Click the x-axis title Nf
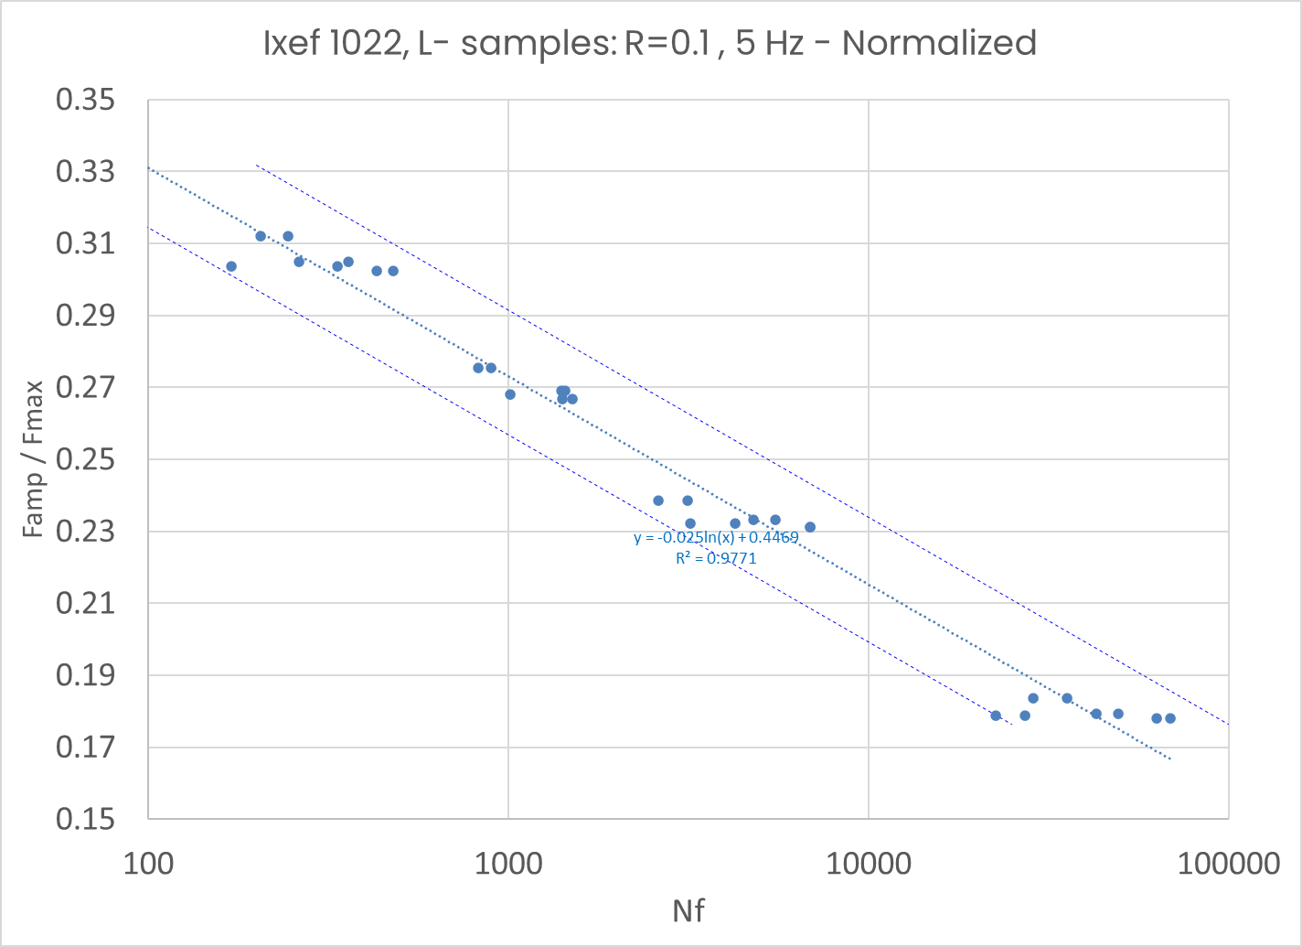pyautogui.click(x=688, y=911)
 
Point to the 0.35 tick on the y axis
pyautogui.click(x=85, y=100)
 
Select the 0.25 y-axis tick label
pyautogui.click(x=85, y=459)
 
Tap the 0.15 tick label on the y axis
pyautogui.click(x=85, y=819)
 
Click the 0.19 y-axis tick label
pyautogui.click(x=85, y=675)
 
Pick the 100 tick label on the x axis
pyautogui.click(x=147, y=864)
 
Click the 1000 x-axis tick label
pyautogui.click(x=507, y=864)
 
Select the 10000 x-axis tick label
pyautogui.click(x=868, y=864)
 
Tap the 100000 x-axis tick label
pyautogui.click(x=1227, y=864)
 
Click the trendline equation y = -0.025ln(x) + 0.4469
pyautogui.click(x=716, y=538)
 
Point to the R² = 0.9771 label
pyautogui.click(x=716, y=557)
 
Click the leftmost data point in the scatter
pyautogui.click(x=231, y=266)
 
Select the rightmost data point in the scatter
pyautogui.click(x=1170, y=718)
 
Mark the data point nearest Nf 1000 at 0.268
pyautogui.click(x=510, y=394)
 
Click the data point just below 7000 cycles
pyautogui.click(x=810, y=527)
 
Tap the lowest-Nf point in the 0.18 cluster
pyautogui.click(x=996, y=716)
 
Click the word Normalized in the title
pyautogui.click(x=939, y=43)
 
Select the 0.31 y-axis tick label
pyautogui.click(x=85, y=243)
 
